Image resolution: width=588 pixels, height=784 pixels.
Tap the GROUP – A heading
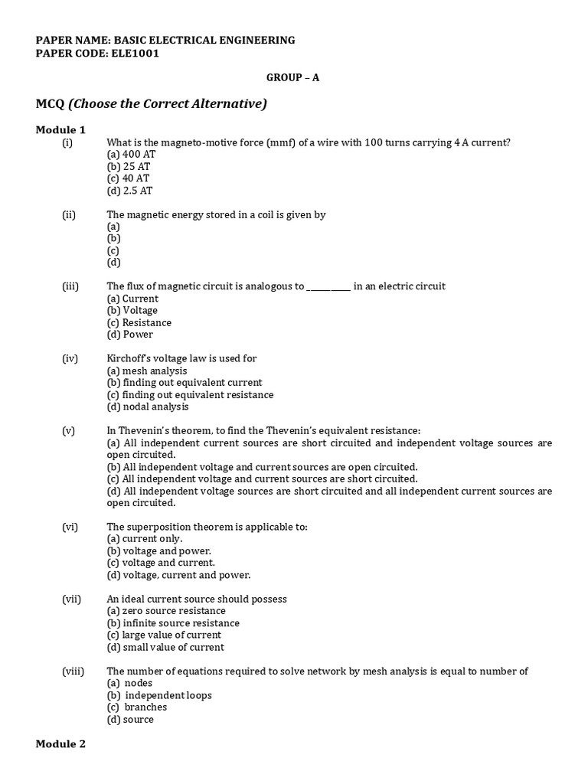[292, 78]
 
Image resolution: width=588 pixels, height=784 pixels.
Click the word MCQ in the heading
[50, 103]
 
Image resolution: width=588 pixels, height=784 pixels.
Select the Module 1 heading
[60, 129]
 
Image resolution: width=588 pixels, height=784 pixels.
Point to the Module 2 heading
[60, 743]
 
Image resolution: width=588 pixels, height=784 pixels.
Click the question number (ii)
[69, 215]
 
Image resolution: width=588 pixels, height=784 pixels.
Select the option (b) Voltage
[132, 310]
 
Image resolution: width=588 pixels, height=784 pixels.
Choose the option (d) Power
[129, 334]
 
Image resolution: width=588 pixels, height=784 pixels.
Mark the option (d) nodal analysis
[147, 407]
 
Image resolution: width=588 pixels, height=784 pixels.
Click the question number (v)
[69, 431]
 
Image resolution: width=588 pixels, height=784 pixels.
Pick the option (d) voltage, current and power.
[178, 574]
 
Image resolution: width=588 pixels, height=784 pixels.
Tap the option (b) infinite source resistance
[173, 623]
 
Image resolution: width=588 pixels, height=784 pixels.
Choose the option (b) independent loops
[159, 695]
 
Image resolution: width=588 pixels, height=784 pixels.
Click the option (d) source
[130, 719]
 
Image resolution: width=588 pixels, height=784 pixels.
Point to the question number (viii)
[73, 671]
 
